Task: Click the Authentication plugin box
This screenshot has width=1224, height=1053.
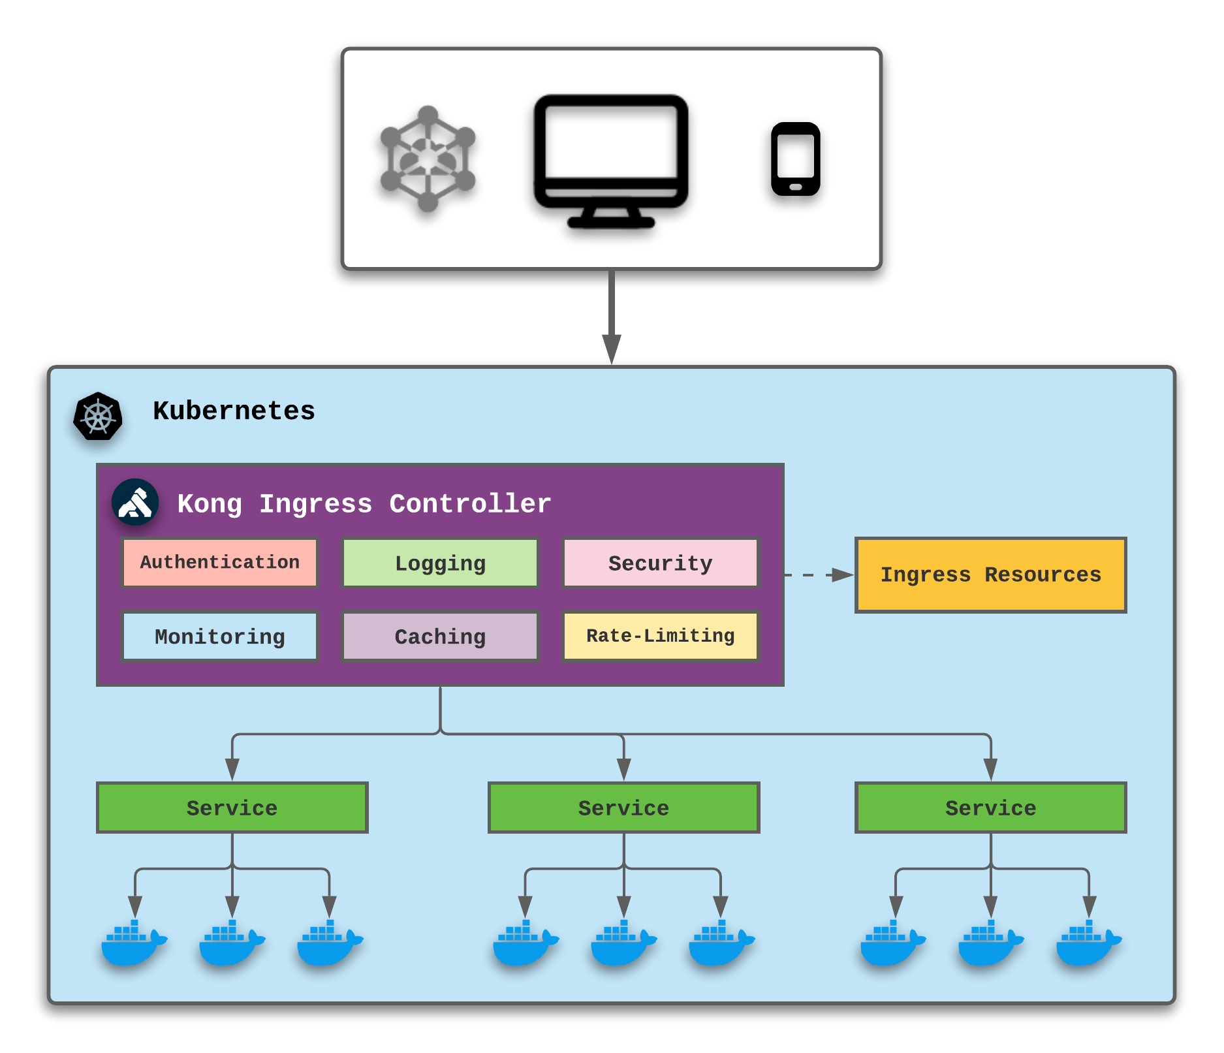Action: (x=220, y=563)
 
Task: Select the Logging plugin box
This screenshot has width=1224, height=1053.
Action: (x=440, y=563)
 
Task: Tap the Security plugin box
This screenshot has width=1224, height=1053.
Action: (x=660, y=563)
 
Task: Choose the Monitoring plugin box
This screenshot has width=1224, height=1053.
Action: (x=220, y=637)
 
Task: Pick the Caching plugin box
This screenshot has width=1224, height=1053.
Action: (x=440, y=637)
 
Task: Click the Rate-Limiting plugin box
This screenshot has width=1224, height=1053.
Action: (x=660, y=637)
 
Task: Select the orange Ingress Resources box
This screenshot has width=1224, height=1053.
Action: (x=990, y=575)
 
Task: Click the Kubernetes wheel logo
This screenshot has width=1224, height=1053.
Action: (x=98, y=416)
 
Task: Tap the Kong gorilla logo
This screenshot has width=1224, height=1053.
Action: (x=135, y=503)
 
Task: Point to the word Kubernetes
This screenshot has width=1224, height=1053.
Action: (x=234, y=411)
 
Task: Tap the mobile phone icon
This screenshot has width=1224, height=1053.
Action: (x=795, y=159)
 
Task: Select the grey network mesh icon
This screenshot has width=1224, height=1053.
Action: (x=428, y=159)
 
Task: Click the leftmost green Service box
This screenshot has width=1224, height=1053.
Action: (x=232, y=808)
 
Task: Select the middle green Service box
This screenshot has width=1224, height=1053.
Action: (x=623, y=808)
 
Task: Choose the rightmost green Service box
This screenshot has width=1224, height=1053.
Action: (x=990, y=808)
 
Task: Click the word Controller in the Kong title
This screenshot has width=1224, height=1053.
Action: (x=470, y=504)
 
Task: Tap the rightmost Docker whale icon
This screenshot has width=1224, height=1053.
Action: (x=1088, y=943)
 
